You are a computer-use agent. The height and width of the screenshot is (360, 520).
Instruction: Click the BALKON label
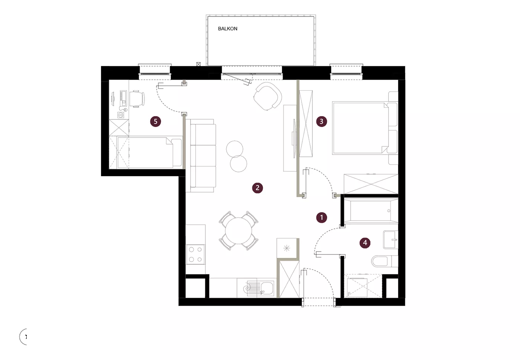pyautogui.click(x=227, y=29)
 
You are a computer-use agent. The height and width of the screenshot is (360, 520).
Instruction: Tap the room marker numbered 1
pyautogui.click(x=322, y=217)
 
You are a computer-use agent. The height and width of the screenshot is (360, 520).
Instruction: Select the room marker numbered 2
pyautogui.click(x=257, y=188)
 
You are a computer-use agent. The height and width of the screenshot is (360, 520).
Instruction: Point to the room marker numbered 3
pyautogui.click(x=322, y=121)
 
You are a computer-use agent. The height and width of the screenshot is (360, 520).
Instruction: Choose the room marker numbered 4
pyautogui.click(x=365, y=243)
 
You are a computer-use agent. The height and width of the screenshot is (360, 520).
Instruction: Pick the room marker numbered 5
pyautogui.click(x=156, y=121)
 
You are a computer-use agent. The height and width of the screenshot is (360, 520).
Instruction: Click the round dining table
pyautogui.click(x=238, y=230)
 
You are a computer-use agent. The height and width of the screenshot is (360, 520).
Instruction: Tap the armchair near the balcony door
pyautogui.click(x=268, y=96)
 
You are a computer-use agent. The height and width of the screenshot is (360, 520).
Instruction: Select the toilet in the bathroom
pyautogui.click(x=384, y=261)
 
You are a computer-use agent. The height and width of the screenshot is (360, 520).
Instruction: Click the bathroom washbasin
pyautogui.click(x=390, y=240)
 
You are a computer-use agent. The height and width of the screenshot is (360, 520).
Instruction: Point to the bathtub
pyautogui.click(x=371, y=211)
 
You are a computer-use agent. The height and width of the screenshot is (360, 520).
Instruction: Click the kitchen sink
pyautogui.click(x=261, y=288)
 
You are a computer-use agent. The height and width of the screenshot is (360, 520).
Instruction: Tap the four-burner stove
pyautogui.click(x=195, y=254)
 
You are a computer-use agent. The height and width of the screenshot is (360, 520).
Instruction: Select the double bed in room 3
pyautogui.click(x=365, y=128)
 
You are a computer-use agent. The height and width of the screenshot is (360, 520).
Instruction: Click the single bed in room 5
pyautogui.click(x=149, y=152)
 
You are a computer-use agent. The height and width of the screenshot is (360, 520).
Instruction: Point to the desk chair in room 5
pyautogui.click(x=137, y=99)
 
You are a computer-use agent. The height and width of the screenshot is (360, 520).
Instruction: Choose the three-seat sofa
pyautogui.click(x=201, y=156)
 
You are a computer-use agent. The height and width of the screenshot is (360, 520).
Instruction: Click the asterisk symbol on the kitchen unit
pyautogui.click(x=287, y=248)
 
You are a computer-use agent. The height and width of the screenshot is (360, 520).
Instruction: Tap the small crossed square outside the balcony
pyautogui.click(x=198, y=64)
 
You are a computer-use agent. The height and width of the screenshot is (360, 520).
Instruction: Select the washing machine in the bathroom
pyautogui.click(x=357, y=288)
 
